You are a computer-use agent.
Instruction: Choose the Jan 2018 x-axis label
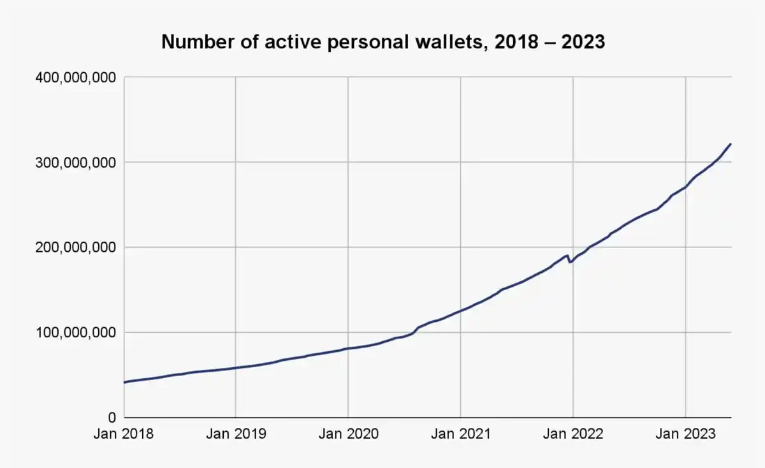tap(124, 435)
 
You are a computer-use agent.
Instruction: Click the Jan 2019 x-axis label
tap(236, 435)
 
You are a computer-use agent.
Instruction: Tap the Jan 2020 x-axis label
tap(348, 435)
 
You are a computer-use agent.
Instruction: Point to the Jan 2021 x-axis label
tap(460, 435)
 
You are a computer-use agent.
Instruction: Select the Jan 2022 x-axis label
tap(572, 435)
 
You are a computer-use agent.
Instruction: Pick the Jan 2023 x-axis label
tap(685, 435)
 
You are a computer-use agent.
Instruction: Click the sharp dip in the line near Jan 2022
tap(570, 262)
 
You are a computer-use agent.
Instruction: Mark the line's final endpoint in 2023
tap(731, 144)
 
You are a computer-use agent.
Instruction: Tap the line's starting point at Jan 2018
tap(124, 383)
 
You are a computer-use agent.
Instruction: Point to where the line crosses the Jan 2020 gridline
tap(348, 348)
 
